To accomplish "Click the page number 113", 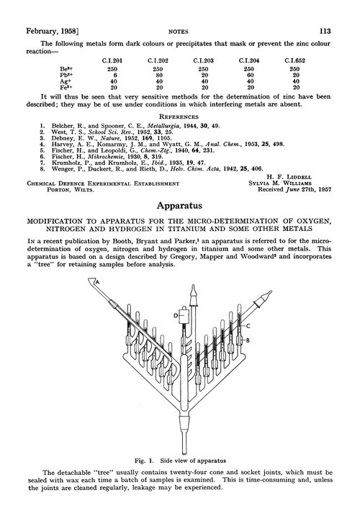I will point(334,11).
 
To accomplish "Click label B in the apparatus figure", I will point(247,319).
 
